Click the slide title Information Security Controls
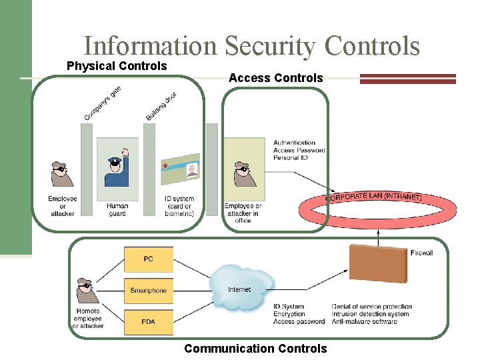coord(251,46)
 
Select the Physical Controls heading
coord(117,66)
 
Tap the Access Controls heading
coord(275,78)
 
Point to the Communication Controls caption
coord(255,349)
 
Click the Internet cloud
coord(240,288)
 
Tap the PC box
coord(148,259)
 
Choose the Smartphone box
coord(148,291)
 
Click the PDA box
coord(148,322)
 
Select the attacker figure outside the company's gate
coord(63,175)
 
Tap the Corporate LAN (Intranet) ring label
coord(373,197)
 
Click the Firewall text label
coord(422,253)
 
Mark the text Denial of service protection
coord(371,307)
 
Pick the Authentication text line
coord(294,143)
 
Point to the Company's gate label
coord(102,104)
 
